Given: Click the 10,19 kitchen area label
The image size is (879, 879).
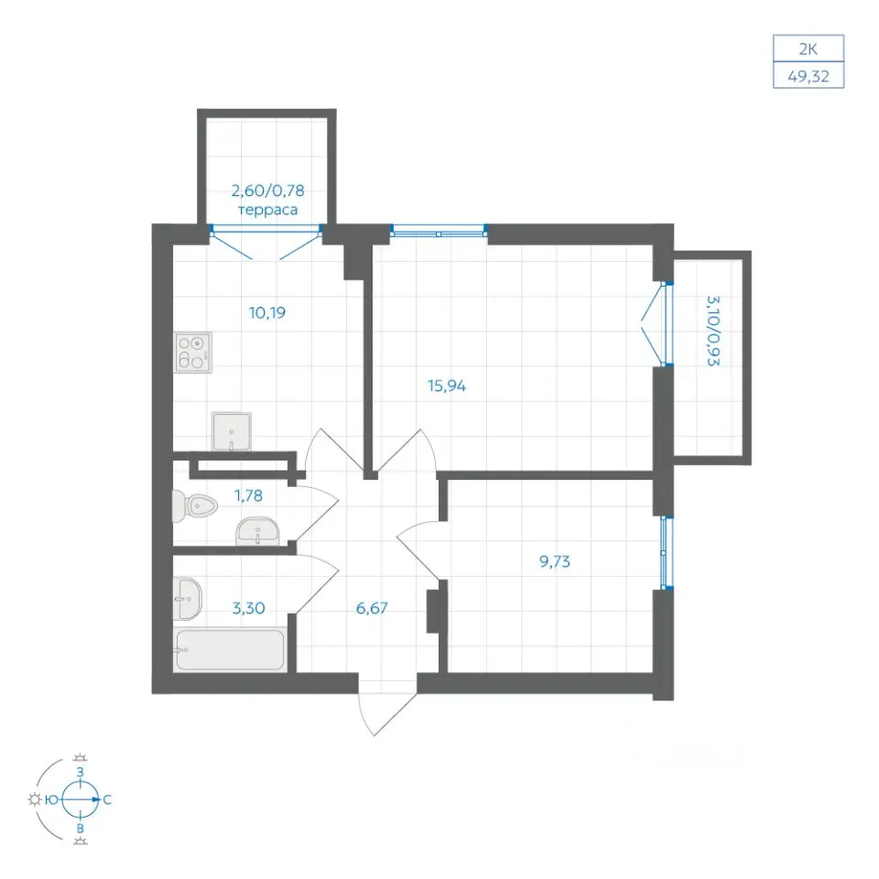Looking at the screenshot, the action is point(267,312).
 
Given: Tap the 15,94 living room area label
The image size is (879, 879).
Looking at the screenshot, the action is point(447,385).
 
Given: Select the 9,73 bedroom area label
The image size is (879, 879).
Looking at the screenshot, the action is point(555,561).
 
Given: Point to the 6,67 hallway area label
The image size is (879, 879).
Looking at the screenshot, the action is point(372,608).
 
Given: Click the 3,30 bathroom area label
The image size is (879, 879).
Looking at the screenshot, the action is point(248,608).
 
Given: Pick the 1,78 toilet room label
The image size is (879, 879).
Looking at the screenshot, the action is point(248,495).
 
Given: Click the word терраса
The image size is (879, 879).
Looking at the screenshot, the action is point(268,211).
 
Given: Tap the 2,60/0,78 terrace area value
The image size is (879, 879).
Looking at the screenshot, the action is point(268,190).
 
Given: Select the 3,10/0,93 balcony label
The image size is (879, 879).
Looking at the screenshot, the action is point(713,331).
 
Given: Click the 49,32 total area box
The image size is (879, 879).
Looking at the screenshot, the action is point(808,75).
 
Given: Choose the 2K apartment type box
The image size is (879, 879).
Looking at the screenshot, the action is point(808,49).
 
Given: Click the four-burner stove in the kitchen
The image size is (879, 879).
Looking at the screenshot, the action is point(193,353).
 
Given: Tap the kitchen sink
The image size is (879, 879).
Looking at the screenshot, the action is point(232,431).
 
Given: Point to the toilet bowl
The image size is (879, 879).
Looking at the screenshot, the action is point(194,506).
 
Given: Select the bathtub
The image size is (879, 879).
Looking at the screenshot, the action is point(230,650).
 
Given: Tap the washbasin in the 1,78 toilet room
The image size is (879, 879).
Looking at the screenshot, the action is point(257,531).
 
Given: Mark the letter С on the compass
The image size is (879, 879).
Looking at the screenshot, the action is point(107,800).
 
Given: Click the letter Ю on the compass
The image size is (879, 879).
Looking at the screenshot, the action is point(51,800).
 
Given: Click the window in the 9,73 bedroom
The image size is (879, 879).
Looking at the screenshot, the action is point(665,552).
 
